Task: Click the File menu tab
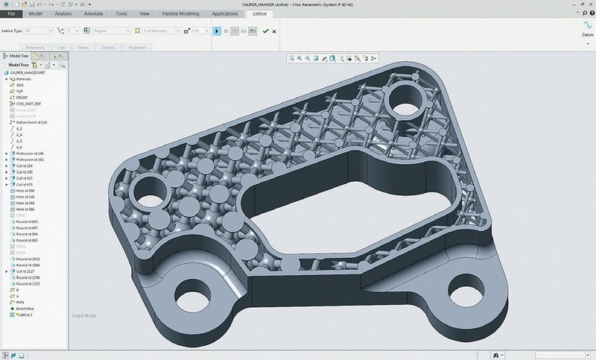pyautogui.click(x=11, y=13)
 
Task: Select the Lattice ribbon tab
pyautogui.click(x=260, y=13)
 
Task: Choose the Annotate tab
pyautogui.click(x=93, y=13)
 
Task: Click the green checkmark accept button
pyautogui.click(x=265, y=31)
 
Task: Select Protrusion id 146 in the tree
pyautogui.click(x=31, y=153)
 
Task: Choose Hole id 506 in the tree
pyautogui.click(x=26, y=190)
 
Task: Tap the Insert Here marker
pyautogui.click(x=24, y=306)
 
